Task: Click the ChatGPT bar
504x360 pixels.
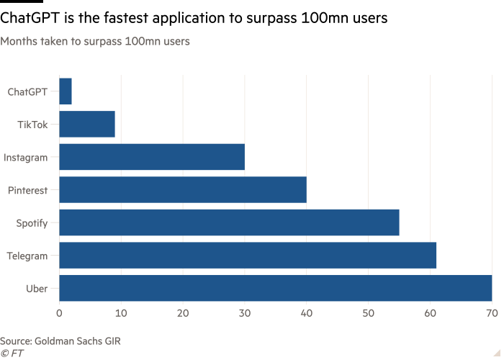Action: point(66,91)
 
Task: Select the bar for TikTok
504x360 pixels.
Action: point(87,125)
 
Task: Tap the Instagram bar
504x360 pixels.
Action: point(152,157)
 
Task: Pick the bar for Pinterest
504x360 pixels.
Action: point(183,190)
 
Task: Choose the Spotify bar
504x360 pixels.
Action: point(229,223)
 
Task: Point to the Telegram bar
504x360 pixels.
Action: point(248,256)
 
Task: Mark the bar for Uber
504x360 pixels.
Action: point(275,288)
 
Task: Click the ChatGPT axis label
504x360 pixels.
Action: point(27,91)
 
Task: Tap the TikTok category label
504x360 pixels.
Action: point(32,125)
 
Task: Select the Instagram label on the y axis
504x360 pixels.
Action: point(25,157)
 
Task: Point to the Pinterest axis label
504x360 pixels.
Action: point(27,190)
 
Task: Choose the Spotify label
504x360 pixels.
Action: point(32,223)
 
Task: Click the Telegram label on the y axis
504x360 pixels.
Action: point(27,256)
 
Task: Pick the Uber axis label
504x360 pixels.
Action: point(37,288)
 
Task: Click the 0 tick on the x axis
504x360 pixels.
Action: point(59,313)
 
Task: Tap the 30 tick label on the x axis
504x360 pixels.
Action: point(245,313)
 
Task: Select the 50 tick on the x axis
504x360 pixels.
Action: point(368,313)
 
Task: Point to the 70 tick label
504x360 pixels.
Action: point(492,313)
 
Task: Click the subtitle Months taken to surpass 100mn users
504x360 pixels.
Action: point(95,42)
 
